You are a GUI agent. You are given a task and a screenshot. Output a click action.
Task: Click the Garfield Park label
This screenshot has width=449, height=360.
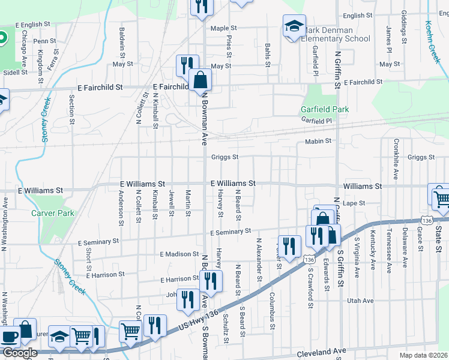[324, 110]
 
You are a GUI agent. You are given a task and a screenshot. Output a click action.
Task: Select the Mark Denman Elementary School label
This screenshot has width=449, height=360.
[336, 35]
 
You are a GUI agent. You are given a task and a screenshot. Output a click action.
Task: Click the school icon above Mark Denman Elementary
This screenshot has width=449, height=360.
[294, 26]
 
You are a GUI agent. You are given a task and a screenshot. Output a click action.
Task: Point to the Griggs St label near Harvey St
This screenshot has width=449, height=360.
[225, 158]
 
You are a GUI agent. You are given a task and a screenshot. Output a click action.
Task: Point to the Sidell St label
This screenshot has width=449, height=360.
[16, 72]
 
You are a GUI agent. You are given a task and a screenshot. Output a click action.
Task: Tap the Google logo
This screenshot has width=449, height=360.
[19, 353]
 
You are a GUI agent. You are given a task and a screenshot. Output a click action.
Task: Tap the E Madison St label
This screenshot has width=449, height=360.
[179, 254]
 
